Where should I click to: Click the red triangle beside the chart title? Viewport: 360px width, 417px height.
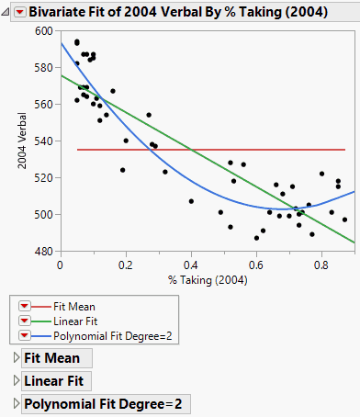[19, 11]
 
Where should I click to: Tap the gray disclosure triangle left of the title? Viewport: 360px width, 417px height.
[6, 11]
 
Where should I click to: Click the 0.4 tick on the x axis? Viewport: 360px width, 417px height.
[191, 265]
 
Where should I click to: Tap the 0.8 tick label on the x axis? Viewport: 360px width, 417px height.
[321, 265]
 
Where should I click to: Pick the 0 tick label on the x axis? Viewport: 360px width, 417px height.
[60, 265]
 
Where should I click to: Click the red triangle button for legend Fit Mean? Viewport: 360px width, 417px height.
[25, 306]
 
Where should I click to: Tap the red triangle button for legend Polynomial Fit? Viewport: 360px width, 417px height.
[25, 337]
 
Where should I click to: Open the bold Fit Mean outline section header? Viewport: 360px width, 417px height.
[51, 358]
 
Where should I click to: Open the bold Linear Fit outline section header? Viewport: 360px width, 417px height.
[55, 381]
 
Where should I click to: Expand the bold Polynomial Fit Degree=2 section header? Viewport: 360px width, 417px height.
[103, 404]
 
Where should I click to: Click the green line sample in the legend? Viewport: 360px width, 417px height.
[48, 321]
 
